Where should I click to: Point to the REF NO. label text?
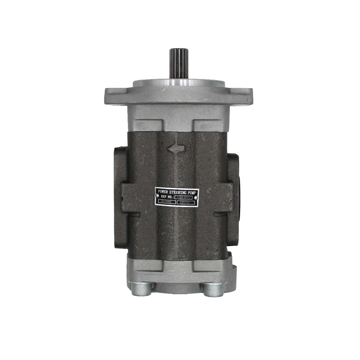tap(167, 197)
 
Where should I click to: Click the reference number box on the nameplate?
tap(184, 197)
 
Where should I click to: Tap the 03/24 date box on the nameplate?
tap(188, 203)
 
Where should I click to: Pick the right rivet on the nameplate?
tap(196, 197)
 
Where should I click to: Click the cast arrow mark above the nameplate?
tap(176, 148)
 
